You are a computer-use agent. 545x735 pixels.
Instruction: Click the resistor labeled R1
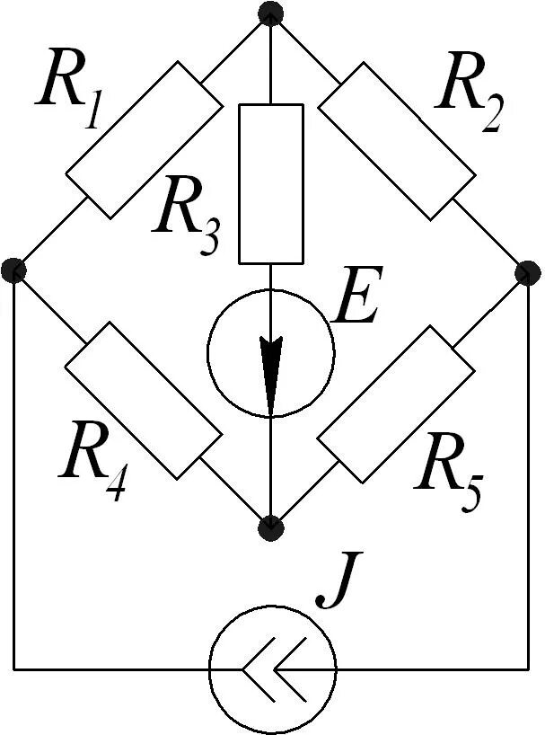144,139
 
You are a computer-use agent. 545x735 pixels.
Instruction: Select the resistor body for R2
396,139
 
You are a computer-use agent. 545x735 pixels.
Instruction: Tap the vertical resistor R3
271,183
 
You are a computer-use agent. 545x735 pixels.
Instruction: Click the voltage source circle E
271,353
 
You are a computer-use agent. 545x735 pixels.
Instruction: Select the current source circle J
272,669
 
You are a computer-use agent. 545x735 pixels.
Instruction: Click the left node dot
13,269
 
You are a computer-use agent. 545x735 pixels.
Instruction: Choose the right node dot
529,271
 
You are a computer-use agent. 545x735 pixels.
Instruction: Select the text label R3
186,219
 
